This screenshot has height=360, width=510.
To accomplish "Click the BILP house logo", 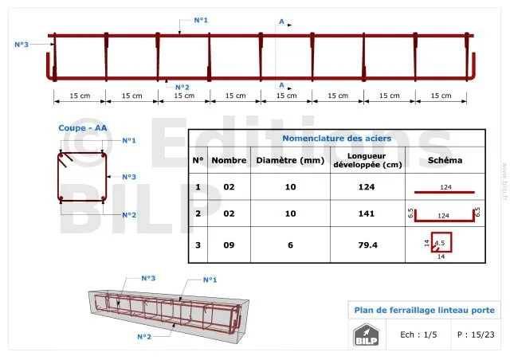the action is [x=367, y=335].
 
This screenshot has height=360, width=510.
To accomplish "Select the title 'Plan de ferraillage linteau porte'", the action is [x=425, y=310].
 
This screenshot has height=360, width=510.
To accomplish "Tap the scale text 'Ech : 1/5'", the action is [x=418, y=335].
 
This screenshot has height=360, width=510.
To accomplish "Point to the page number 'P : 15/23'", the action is [x=476, y=335].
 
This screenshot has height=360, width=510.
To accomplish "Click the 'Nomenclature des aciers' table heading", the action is [x=336, y=139].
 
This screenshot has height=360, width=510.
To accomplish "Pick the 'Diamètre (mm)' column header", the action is [x=290, y=160].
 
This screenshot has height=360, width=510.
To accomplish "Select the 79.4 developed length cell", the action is [x=368, y=245].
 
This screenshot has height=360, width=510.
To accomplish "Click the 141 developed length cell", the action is [x=367, y=213].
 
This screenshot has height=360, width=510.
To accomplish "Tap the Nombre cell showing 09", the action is [x=229, y=245].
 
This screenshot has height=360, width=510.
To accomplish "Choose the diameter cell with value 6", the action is [x=290, y=245].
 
